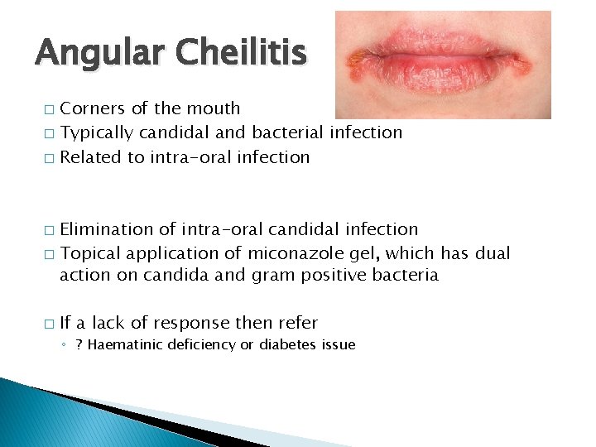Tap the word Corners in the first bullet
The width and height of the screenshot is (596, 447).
(x=92, y=108)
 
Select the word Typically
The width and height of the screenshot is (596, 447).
(x=99, y=132)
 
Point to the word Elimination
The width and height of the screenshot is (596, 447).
(x=111, y=228)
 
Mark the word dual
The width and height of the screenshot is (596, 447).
(x=494, y=252)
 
